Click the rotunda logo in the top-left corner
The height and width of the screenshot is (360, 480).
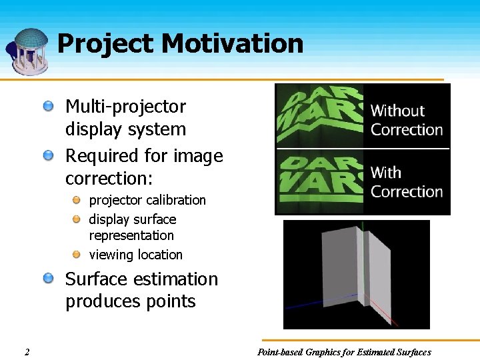pyautogui.click(x=29, y=51)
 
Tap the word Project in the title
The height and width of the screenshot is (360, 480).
pyautogui.click(x=106, y=44)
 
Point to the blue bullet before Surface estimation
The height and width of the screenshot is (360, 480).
pyautogui.click(x=49, y=279)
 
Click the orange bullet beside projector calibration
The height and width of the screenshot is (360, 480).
pyautogui.click(x=77, y=200)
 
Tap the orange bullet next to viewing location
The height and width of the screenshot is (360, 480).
pyautogui.click(x=77, y=255)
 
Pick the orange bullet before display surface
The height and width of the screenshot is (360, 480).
pyautogui.click(x=77, y=219)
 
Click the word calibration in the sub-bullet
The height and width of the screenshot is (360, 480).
pyautogui.click(x=176, y=200)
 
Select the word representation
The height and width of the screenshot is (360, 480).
pyautogui.click(x=131, y=235)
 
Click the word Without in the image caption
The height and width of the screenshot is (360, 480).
pyautogui.click(x=397, y=111)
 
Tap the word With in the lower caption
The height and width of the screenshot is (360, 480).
pyautogui.click(x=386, y=173)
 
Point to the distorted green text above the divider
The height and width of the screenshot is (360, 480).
pyautogui.click(x=320, y=115)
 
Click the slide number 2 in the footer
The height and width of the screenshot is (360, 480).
pyautogui.click(x=26, y=352)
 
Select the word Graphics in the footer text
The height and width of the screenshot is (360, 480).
pyautogui.click(x=328, y=352)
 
